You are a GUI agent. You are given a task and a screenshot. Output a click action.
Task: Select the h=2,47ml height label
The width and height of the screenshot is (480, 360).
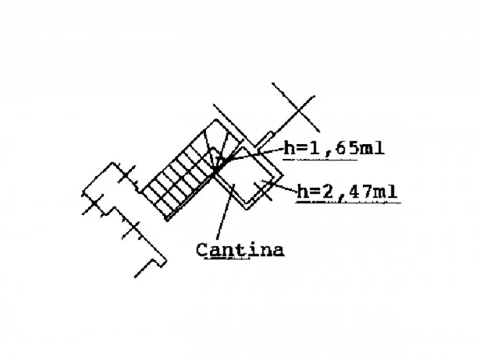(347, 191)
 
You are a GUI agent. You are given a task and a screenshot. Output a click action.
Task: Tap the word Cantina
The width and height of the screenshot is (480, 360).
(240, 250)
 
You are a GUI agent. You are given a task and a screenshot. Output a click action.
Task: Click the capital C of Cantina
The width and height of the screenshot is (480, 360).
(202, 250)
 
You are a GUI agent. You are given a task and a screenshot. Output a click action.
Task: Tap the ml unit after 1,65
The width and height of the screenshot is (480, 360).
(372, 148)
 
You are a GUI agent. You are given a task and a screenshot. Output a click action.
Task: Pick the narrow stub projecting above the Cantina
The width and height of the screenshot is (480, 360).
(264, 139)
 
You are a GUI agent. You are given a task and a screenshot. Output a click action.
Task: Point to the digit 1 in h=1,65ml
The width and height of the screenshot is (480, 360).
(313, 148)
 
